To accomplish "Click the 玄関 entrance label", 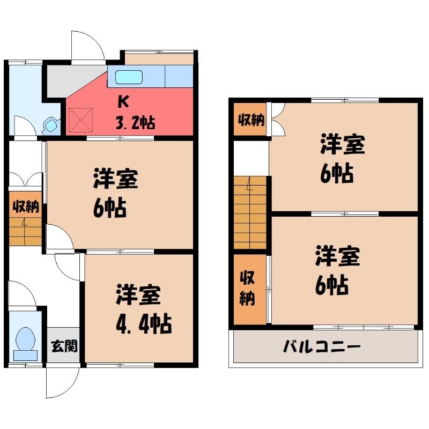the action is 64,346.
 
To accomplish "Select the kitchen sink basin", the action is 129,77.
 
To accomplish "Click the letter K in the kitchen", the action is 123,101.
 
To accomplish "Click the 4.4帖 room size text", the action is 144,324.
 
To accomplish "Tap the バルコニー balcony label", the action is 322,346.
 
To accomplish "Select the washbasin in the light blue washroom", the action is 51,125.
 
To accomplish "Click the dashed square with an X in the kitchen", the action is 81,120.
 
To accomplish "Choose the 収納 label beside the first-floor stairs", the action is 26,206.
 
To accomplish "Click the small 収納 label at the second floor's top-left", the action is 251,120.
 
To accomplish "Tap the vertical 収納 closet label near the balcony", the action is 247,288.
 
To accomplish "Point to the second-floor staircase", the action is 250,213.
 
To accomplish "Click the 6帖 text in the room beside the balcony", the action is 331,285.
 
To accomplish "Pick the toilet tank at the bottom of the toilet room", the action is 25,356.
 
